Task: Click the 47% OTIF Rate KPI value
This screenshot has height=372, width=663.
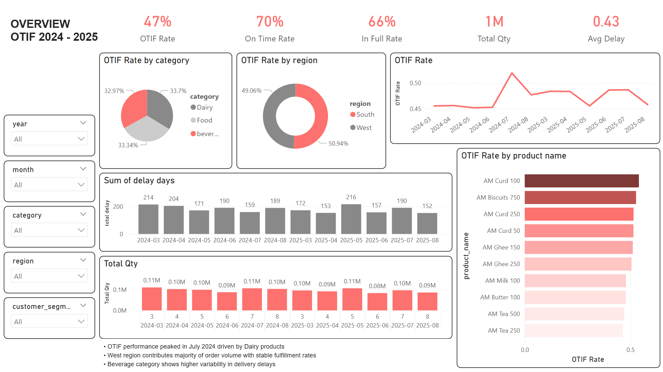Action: pos(157,22)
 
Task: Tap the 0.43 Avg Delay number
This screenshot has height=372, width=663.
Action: pos(606,22)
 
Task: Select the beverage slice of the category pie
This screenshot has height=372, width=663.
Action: pos(135,107)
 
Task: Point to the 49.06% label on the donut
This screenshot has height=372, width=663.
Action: pos(251,91)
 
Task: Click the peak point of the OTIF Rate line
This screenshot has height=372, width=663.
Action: pos(512,73)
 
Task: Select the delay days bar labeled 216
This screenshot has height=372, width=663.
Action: pos(351,219)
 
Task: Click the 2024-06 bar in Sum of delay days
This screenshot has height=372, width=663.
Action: pos(224,221)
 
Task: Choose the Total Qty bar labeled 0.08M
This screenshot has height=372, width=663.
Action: pos(377,301)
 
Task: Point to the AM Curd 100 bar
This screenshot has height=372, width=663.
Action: pos(581,181)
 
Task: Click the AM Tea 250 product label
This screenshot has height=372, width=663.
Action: pos(504,331)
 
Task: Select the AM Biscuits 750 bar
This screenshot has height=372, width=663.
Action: pos(580,198)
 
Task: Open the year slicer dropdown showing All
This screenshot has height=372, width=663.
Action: pos(49,139)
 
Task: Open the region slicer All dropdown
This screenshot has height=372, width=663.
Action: pos(49,276)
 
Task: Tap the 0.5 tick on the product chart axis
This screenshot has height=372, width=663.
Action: pos(630,350)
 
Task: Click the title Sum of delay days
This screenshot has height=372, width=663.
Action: pos(139,181)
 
